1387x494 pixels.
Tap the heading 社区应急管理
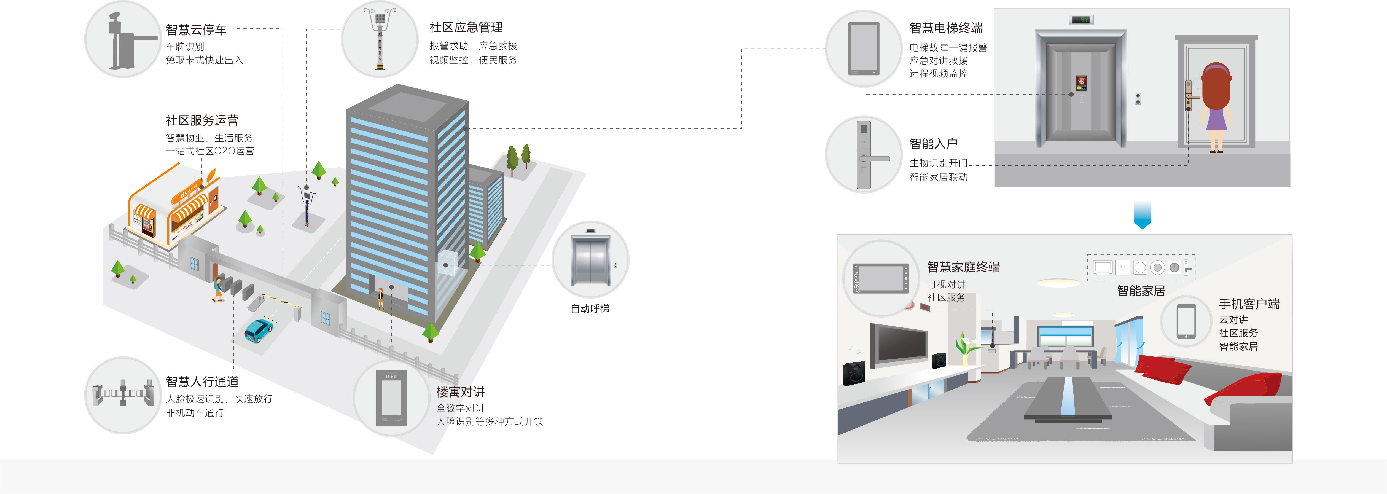[466, 28]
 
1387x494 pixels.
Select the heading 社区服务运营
[202, 120]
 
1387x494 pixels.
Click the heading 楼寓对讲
[460, 392]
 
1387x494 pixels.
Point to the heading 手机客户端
[1249, 304]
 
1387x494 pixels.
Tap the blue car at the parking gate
[259, 330]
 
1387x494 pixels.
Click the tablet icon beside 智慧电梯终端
[864, 49]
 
